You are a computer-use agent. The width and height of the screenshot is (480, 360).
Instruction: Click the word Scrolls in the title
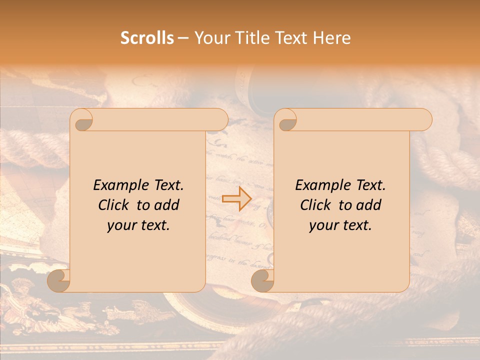(147, 38)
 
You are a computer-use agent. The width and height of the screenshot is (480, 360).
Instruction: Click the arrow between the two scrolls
(236, 198)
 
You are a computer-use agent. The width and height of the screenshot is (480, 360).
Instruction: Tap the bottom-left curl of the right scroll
(262, 281)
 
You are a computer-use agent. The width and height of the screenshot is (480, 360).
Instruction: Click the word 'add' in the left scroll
(166, 205)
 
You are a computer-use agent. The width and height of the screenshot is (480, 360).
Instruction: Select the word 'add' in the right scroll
(368, 205)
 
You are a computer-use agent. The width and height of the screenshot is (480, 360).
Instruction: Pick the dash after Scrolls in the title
(183, 38)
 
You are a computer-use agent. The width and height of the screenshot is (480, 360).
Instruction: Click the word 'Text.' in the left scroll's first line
(166, 185)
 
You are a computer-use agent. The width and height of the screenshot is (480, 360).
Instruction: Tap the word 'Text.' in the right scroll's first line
(368, 185)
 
